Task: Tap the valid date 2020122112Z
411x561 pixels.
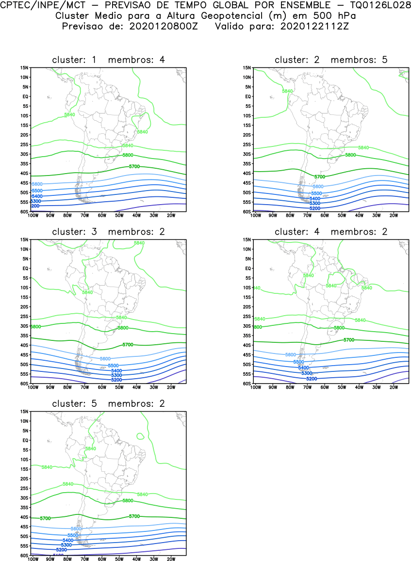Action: [x=314, y=26]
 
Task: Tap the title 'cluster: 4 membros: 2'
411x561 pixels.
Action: [x=331, y=232]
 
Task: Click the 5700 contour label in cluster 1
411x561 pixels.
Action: [x=134, y=166]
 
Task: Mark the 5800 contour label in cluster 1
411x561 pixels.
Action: [x=140, y=155]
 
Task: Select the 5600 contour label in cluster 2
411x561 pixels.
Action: [x=318, y=187]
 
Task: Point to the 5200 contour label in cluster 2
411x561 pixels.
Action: [x=315, y=208]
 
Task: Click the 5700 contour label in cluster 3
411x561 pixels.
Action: [x=128, y=344]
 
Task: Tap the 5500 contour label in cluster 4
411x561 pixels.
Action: [x=298, y=362]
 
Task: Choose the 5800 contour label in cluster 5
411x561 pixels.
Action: [x=128, y=500]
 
